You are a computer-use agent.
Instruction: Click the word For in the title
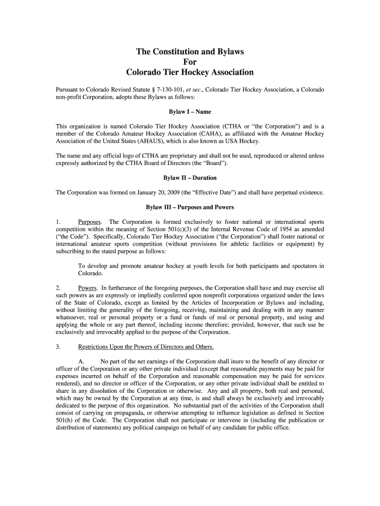click(190, 62)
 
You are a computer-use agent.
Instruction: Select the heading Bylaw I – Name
click(190, 112)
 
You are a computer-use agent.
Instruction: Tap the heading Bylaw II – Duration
click(190, 177)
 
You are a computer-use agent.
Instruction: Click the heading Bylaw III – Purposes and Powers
click(190, 207)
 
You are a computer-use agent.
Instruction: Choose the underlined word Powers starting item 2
click(87, 287)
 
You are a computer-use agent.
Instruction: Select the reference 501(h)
click(65, 421)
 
